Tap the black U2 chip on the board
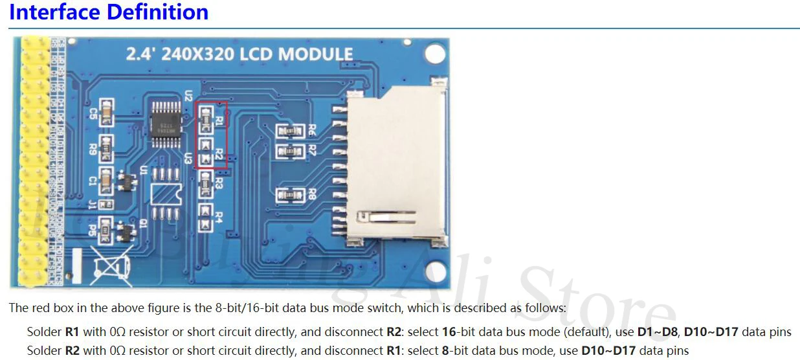165,119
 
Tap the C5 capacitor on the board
106,113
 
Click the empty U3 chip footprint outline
164,194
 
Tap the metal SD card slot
395,168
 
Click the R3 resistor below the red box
206,187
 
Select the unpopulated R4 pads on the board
206,217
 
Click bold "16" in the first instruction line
449,332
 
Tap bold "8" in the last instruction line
445,351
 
